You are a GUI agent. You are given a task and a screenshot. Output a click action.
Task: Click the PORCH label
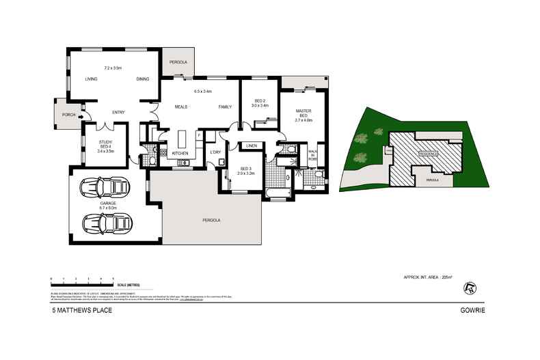(68, 115)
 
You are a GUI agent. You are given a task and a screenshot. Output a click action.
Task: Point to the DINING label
(142, 79)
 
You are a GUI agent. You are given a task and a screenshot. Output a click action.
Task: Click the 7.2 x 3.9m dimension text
(112, 68)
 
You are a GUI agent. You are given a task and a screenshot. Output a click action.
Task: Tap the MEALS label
(182, 107)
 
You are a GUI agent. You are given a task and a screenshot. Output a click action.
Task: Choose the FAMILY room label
(225, 107)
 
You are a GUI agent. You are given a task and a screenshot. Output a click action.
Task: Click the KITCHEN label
(180, 153)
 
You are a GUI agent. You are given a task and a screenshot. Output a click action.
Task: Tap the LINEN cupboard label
(251, 146)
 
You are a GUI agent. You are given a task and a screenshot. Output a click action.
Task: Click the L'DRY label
(215, 151)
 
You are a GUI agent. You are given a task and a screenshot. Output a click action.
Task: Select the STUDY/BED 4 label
(105, 146)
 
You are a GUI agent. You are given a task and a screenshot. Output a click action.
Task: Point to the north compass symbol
(468, 287)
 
